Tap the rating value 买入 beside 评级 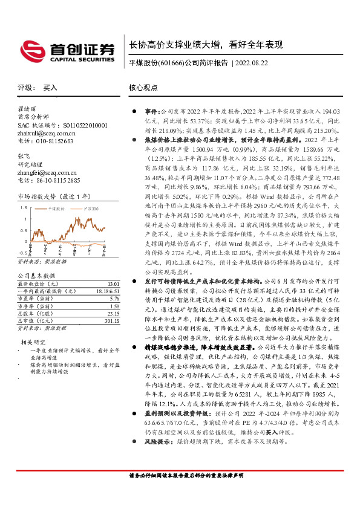50,88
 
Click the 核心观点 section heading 143,88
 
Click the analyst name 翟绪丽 27,109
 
